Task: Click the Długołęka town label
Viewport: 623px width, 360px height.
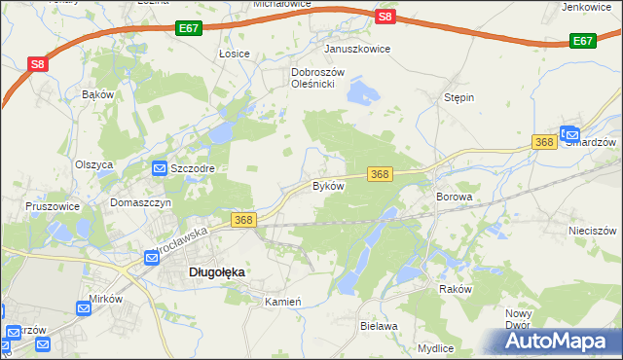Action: pos(215,273)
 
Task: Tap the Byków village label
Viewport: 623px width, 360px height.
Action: pos(328,186)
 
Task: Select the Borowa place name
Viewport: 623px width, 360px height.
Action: pos(454,197)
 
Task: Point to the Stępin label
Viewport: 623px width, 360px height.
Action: pos(458,98)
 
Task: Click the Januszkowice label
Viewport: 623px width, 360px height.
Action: pos(357,49)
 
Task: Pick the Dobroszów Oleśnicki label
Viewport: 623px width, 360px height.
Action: pos(312,78)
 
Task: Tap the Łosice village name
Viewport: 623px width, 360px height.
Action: pos(235,54)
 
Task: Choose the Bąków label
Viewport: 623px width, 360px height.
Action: pos(98,94)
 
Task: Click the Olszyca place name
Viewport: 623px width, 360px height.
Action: pos(94,164)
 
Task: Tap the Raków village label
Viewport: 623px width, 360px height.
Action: pos(455,289)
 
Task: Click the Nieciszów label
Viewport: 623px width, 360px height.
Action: pos(593,232)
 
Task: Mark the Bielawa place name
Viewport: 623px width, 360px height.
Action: pos(379,326)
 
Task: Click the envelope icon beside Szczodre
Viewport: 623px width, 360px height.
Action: pos(159,168)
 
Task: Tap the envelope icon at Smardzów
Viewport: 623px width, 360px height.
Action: pos(569,135)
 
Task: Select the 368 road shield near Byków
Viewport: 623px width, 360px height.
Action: pos(380,174)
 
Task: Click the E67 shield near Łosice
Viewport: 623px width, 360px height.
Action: pos(190,31)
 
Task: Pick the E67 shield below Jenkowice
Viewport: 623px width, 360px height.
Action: pos(582,41)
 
